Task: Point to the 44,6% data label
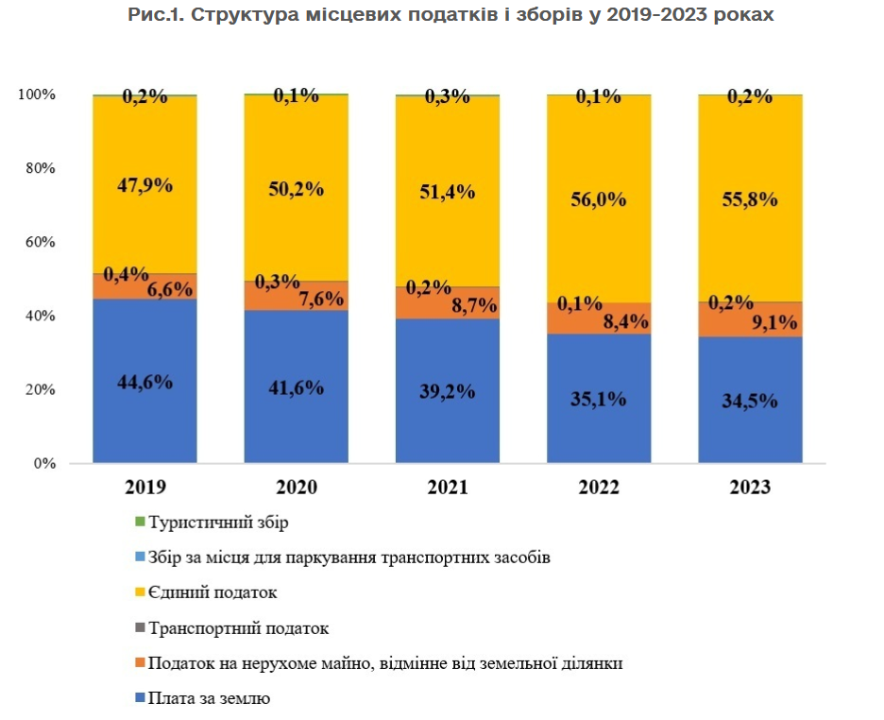pos(144,383)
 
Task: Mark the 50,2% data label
pos(297,189)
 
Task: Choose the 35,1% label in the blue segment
pos(599,399)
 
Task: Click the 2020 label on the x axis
pos(296,488)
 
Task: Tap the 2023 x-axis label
pos(750,488)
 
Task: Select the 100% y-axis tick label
pos(37,94)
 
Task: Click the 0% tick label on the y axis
pos(43,464)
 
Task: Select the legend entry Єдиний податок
pos(212,592)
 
